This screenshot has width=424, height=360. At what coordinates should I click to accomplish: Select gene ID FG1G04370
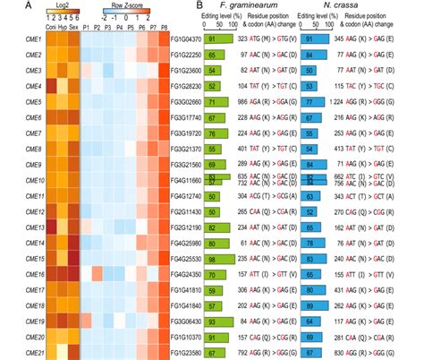click(185, 39)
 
